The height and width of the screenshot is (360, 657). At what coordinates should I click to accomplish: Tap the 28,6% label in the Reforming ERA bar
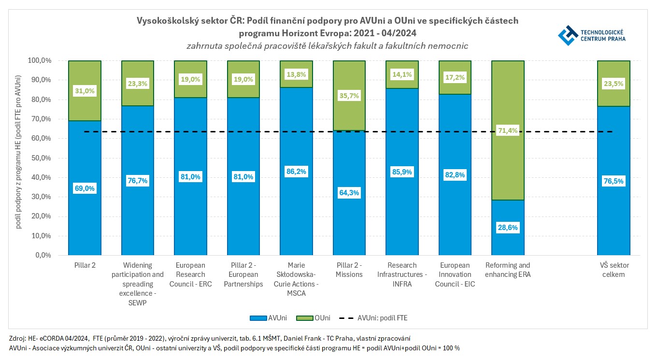508,227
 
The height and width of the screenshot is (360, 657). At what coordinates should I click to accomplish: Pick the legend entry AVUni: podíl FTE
376,318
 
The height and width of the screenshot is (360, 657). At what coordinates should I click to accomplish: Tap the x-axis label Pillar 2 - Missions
349,270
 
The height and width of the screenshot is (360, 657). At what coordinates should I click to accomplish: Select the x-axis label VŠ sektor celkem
614,270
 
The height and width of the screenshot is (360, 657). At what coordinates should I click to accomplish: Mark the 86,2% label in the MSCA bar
296,171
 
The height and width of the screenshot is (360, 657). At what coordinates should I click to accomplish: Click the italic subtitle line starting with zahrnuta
327,46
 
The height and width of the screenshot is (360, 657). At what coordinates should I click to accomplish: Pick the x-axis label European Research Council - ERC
190,274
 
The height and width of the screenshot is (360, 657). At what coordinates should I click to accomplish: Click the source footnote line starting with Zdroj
210,338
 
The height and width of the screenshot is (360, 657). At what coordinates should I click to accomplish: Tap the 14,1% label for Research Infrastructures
402,74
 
